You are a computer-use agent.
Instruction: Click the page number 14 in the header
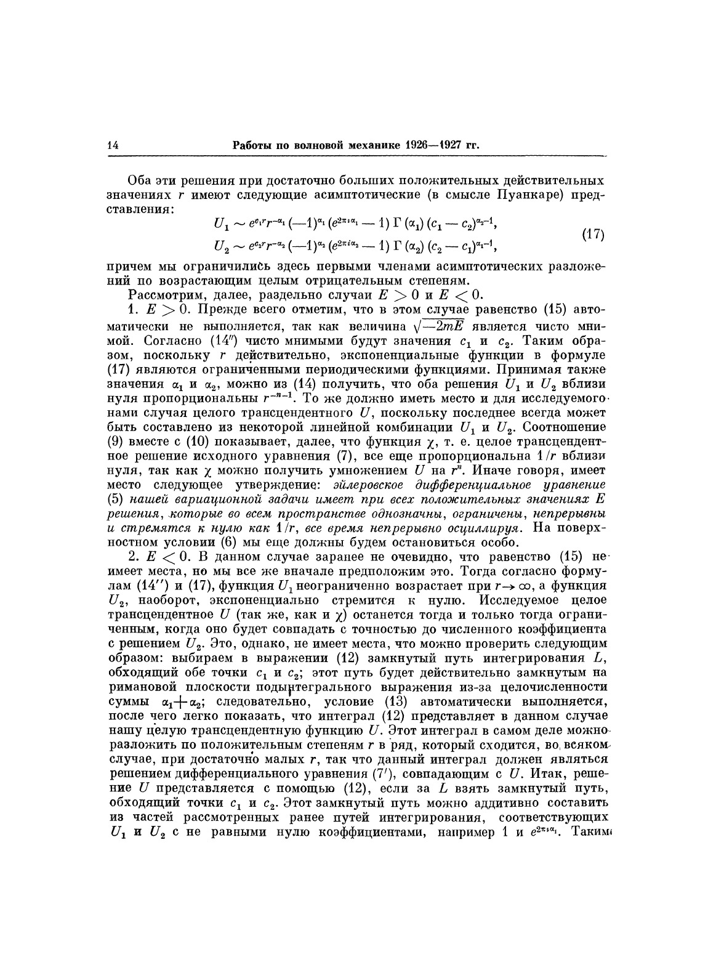113,146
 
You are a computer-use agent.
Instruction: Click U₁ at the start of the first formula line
220,225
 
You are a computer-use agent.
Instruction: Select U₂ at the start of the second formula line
221,246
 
